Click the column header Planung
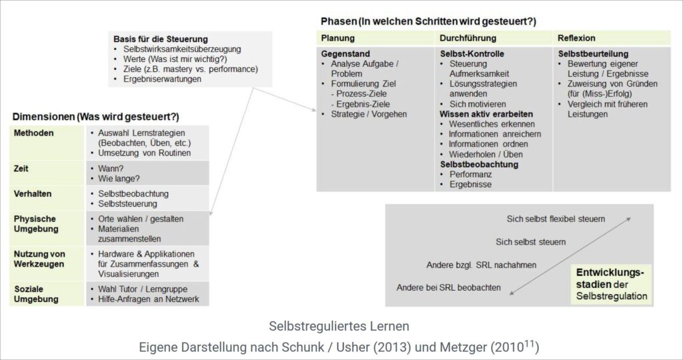337,38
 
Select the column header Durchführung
468,38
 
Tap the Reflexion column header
576,38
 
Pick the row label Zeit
21,169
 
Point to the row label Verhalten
33,194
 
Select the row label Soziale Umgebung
34,293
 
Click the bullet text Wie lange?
119,179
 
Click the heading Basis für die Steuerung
160,39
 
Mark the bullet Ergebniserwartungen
162,79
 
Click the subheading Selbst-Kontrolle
472,54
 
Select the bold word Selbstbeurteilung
593,54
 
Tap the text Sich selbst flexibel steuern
556,219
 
